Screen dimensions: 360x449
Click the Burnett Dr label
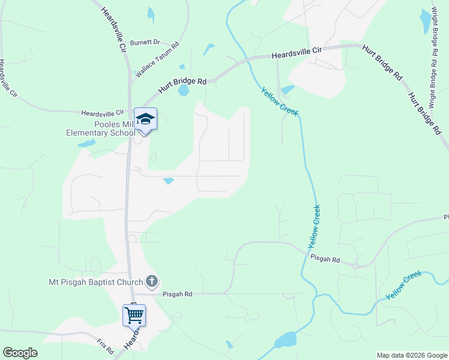[147, 43]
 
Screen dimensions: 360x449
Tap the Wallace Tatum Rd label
[158, 61]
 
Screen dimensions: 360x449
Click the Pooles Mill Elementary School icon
[145, 119]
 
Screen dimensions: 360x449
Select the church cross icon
[152, 281]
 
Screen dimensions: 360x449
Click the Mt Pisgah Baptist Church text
[96, 282]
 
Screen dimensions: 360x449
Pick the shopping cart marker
[134, 314]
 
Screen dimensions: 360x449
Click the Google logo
[20, 353]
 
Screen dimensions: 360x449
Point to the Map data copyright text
[411, 355]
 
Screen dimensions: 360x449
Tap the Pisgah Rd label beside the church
[179, 294]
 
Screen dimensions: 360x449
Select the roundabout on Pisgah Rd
[356, 265]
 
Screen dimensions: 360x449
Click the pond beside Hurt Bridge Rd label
[183, 91]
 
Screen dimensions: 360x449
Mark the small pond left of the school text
[86, 143]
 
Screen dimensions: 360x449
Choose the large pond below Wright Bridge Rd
[427, 22]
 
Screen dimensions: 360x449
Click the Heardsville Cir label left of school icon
[102, 112]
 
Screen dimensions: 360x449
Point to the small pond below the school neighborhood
[169, 181]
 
